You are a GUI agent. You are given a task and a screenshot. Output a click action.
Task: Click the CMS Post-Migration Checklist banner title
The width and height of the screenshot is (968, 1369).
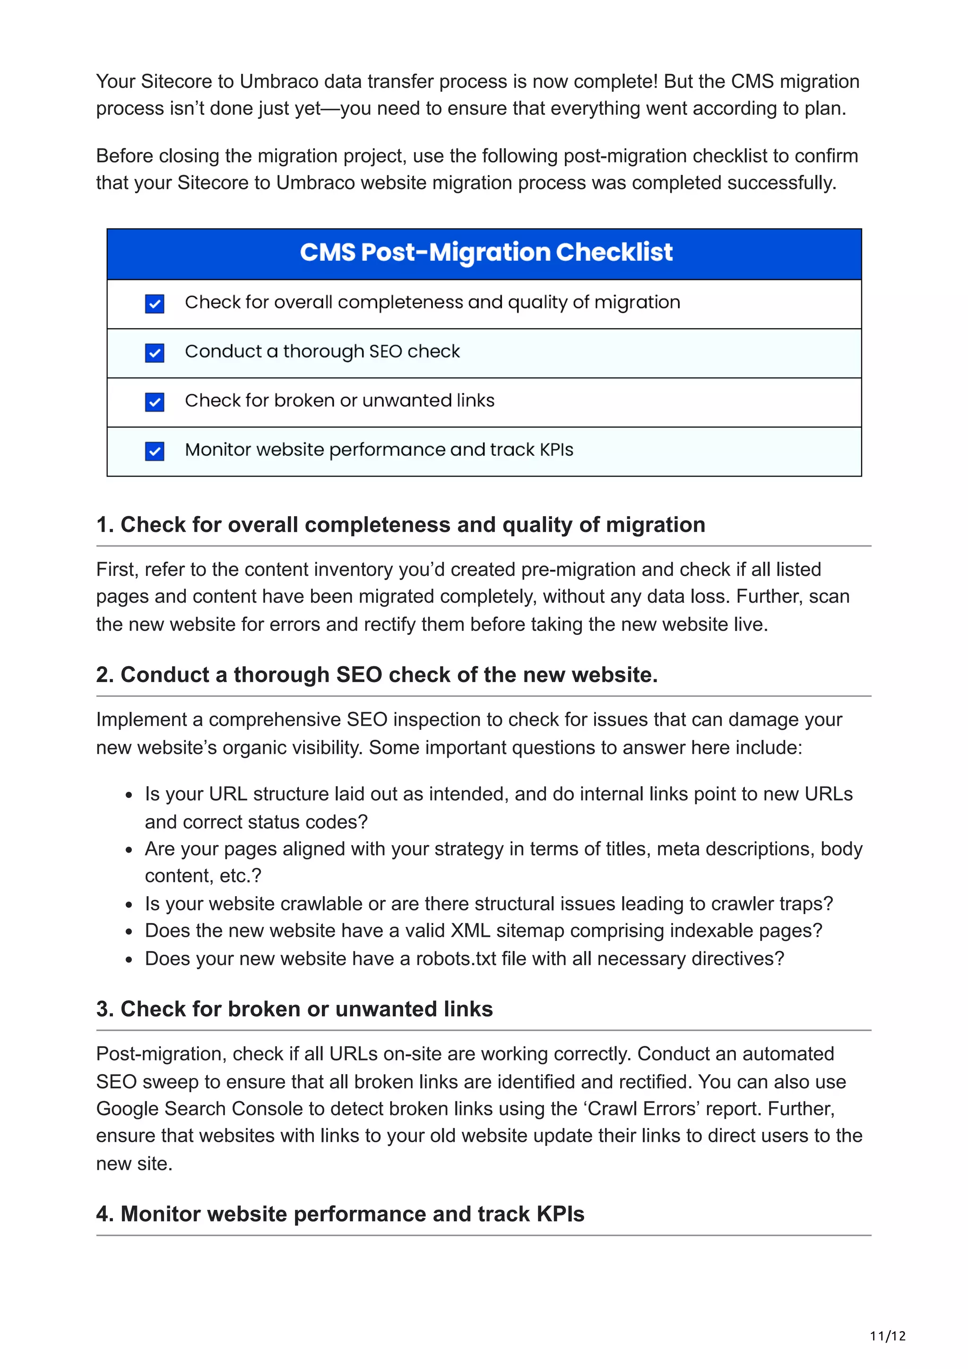point(485,252)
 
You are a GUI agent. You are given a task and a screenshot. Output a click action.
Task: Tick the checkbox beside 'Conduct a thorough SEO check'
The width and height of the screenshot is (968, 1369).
point(155,353)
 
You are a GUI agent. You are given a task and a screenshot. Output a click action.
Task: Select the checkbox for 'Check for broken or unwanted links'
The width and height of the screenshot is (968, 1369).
point(155,402)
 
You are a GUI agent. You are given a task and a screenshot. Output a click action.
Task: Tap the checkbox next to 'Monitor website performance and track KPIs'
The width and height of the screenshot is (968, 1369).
point(155,451)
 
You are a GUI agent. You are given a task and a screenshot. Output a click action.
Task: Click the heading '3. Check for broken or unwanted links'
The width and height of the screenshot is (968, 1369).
point(294,1009)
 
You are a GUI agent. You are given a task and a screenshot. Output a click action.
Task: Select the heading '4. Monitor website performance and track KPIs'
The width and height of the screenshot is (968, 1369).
point(340,1214)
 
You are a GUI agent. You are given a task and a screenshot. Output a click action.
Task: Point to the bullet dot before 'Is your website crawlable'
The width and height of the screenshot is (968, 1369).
point(129,905)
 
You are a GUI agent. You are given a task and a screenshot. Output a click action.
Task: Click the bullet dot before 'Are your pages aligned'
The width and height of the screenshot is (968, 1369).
point(129,850)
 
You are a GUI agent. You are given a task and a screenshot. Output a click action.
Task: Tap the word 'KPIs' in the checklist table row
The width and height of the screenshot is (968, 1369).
point(556,450)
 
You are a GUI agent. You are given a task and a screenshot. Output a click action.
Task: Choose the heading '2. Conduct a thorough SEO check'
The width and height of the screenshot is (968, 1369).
point(376,675)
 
